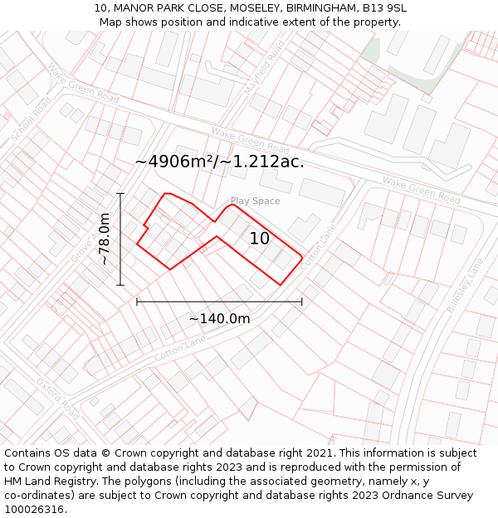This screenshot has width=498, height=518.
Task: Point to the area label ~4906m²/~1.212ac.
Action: pyautogui.click(x=219, y=162)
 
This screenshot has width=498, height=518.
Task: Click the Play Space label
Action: pyautogui.click(x=255, y=201)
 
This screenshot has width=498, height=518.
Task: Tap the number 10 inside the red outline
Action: pyautogui.click(x=260, y=239)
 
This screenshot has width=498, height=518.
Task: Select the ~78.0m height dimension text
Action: pyautogui.click(x=105, y=239)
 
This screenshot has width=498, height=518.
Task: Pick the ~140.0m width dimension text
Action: pyautogui.click(x=219, y=318)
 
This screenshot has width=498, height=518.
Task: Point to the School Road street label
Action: pyautogui.click(x=31, y=119)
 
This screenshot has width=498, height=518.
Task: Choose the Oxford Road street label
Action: pyautogui.click(x=57, y=399)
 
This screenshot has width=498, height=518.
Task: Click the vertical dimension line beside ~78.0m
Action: pyautogui.click(x=120, y=239)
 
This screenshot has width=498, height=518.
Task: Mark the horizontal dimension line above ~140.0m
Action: pyautogui.click(x=219, y=302)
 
